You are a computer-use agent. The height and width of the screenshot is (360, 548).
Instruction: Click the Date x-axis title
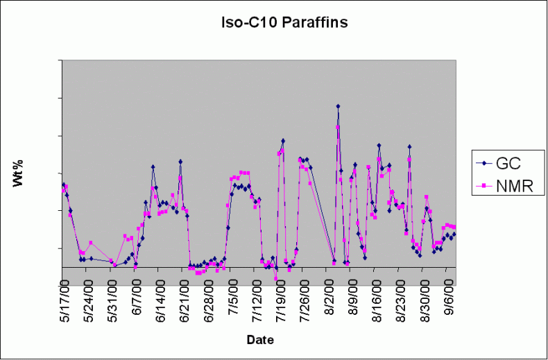pos(260,340)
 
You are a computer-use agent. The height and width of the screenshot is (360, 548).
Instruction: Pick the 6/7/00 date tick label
pos(139,303)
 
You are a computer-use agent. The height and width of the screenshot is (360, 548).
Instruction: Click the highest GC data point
pos(338,106)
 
